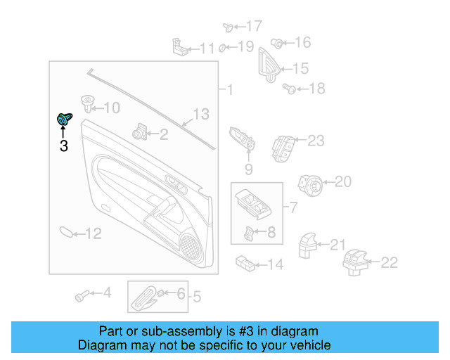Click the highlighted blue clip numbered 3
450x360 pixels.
[64, 120]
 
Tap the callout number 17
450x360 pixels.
[253, 26]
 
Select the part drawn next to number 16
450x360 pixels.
[276, 43]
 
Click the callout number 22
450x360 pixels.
[389, 262]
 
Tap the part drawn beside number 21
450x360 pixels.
[308, 245]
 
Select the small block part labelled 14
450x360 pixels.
[246, 264]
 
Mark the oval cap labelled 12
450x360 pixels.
[65, 233]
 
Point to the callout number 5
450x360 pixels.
[197, 297]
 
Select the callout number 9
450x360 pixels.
[248, 169]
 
